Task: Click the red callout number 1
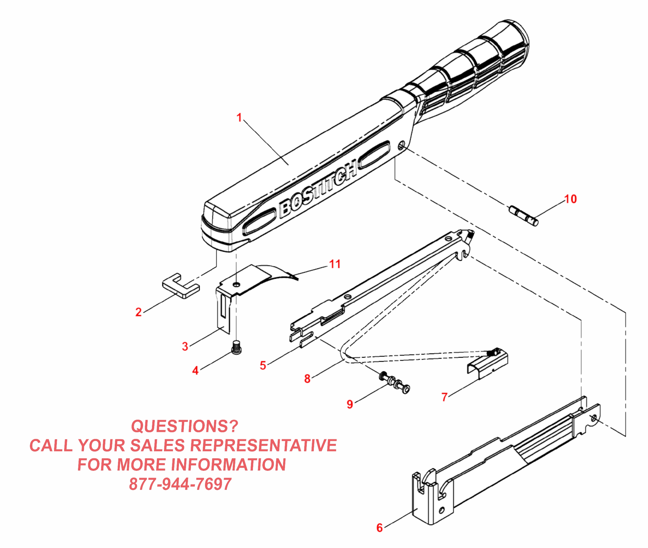point(239,118)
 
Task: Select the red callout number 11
point(335,264)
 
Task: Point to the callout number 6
point(380,528)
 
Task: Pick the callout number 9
point(350,404)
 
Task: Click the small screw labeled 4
point(237,348)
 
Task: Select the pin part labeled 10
point(524,216)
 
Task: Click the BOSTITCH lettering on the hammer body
point(317,189)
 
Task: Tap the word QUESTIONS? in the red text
point(185,426)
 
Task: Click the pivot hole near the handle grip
point(401,145)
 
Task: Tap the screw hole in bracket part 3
point(237,284)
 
